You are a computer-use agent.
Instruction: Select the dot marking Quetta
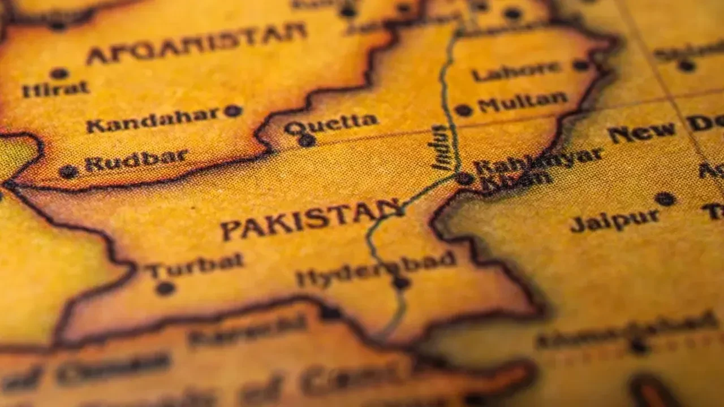(307, 140)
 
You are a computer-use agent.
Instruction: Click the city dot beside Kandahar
(232, 111)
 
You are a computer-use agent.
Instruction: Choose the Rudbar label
(136, 161)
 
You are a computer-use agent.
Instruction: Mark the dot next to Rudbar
(68, 171)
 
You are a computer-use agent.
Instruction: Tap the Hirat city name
(55, 89)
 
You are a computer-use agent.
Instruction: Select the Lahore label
(516, 71)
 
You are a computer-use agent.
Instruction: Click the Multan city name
(523, 102)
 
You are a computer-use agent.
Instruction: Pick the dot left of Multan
(463, 110)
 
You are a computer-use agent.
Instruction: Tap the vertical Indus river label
(440, 148)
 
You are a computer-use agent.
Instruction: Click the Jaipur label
(615, 221)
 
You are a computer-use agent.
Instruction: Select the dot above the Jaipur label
(665, 199)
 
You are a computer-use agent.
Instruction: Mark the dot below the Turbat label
(165, 288)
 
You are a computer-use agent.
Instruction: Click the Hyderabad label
(376, 269)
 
